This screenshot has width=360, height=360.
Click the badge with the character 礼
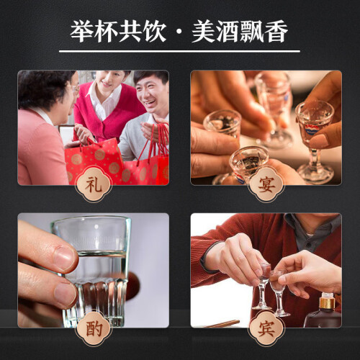click(x=94, y=184)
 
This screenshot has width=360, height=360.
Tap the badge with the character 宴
click(x=266, y=184)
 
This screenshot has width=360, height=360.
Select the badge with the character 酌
click(x=94, y=328)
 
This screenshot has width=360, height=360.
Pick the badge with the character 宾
click(x=266, y=328)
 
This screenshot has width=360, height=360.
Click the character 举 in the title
click(x=82, y=32)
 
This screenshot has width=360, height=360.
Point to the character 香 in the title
click(x=276, y=32)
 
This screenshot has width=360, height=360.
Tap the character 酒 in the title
click(x=228, y=32)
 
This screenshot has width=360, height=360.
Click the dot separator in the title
click(x=179, y=32)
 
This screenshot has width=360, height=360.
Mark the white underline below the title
click(x=179, y=51)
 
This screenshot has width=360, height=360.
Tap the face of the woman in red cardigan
click(x=109, y=78)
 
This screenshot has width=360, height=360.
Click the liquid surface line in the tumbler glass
click(x=102, y=253)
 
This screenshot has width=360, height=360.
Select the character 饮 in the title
click(x=154, y=32)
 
